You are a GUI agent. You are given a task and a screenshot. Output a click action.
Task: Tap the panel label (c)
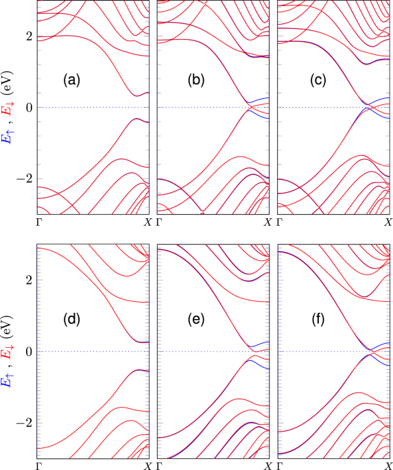tap(317, 80)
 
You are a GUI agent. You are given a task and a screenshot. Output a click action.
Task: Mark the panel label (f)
tap(317, 318)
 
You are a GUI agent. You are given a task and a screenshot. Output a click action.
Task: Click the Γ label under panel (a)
tap(38, 222)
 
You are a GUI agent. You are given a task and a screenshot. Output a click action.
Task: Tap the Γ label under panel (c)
tap(281, 222)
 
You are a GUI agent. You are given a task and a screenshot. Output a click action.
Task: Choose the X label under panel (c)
tap(388, 222)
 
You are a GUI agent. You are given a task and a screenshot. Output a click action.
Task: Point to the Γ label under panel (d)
tap(38, 466)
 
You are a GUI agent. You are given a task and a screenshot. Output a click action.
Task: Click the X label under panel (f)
tap(388, 466)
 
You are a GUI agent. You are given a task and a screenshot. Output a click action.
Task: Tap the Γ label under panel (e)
tap(160, 466)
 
